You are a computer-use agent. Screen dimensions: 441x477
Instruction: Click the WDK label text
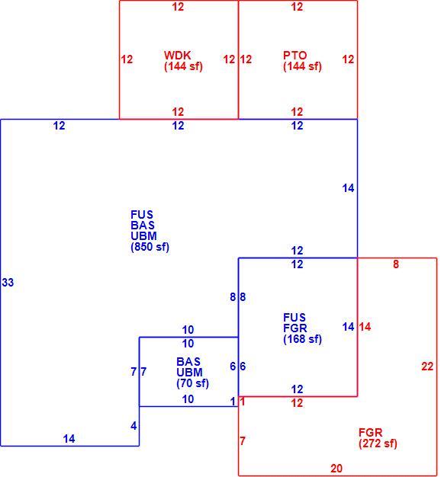(x=178, y=56)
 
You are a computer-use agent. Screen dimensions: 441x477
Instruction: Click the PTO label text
(x=295, y=56)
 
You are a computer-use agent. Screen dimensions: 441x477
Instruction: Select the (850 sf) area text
(x=150, y=247)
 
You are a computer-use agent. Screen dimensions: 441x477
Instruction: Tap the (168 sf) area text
(x=302, y=339)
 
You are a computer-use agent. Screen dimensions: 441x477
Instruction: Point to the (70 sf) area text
(x=192, y=383)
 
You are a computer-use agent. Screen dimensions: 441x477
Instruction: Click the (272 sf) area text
(x=378, y=443)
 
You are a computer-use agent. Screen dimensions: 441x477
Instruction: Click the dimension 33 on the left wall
(x=8, y=282)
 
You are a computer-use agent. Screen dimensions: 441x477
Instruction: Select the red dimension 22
(x=427, y=367)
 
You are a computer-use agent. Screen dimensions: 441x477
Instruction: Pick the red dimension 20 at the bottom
(x=336, y=469)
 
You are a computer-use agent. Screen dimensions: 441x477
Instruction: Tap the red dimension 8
(x=396, y=264)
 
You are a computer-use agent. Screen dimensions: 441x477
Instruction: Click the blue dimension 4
(x=134, y=426)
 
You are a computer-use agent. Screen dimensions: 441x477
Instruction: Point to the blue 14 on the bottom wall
(x=69, y=439)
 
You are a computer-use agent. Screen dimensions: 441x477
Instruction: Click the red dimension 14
(x=365, y=327)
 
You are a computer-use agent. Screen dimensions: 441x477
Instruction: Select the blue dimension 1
(x=233, y=402)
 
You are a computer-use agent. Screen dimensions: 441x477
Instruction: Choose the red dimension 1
(x=243, y=402)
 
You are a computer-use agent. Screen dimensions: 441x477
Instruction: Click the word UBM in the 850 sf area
(x=143, y=236)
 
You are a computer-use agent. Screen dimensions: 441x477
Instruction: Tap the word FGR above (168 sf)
(x=295, y=328)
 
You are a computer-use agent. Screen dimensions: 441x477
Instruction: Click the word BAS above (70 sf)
(x=188, y=362)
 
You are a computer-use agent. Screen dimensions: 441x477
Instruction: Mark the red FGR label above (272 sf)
(x=371, y=433)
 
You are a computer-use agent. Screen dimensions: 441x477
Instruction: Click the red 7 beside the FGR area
(x=243, y=440)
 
